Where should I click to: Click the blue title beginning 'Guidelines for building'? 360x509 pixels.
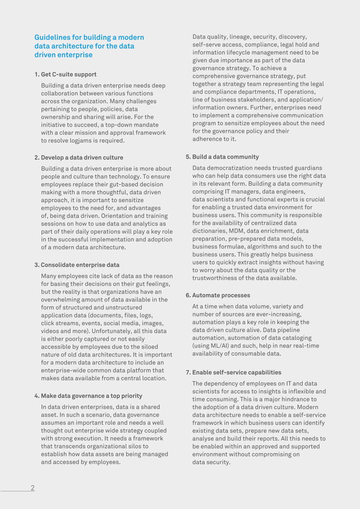(x=89, y=46)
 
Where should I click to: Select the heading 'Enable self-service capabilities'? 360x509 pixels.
(x=236, y=372)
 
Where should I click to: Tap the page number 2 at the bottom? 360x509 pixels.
(x=32, y=488)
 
